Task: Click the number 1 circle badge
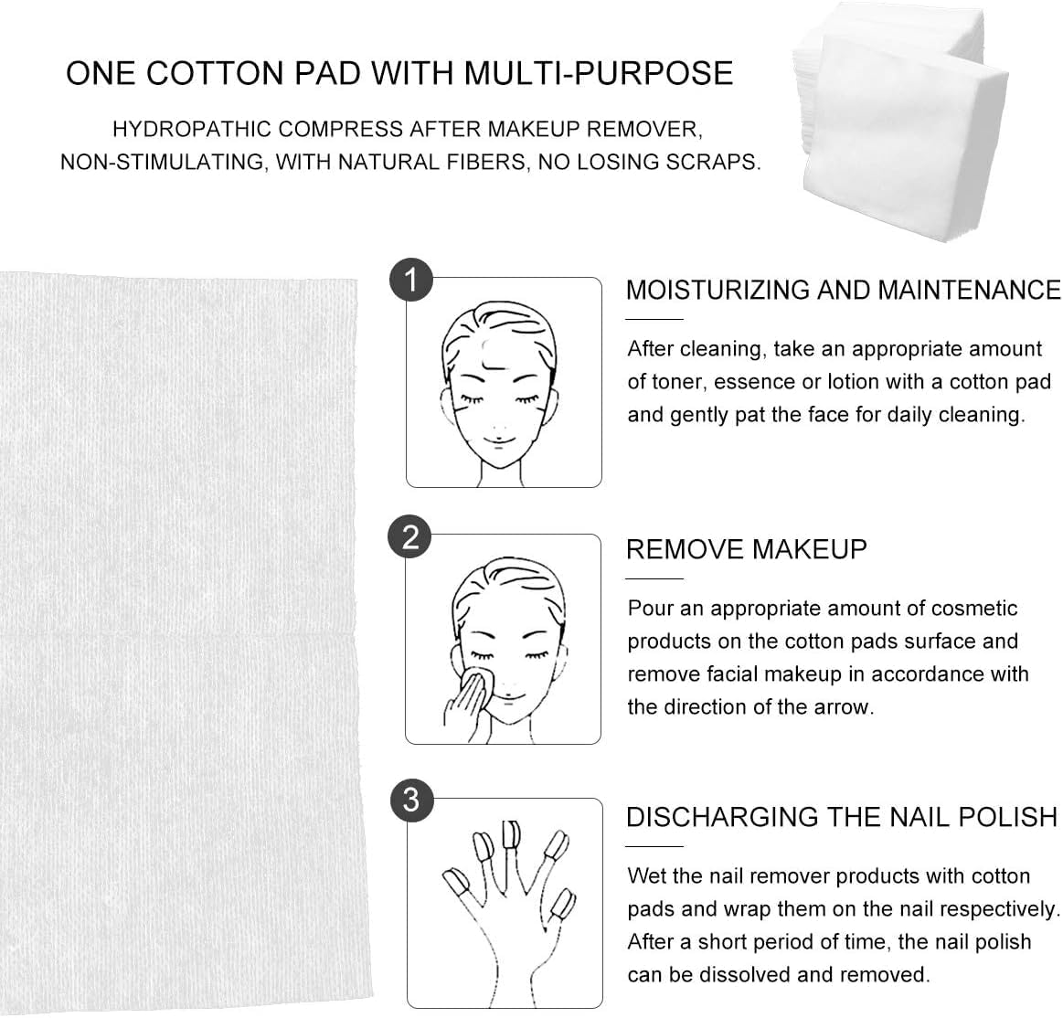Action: [411, 281]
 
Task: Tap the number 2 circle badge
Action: [410, 537]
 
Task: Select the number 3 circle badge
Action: [411, 800]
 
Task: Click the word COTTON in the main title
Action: [214, 73]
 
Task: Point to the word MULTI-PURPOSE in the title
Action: [601, 73]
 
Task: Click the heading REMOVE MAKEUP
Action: [747, 549]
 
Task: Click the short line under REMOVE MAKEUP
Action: [654, 578]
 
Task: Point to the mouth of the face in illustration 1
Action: [497, 440]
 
